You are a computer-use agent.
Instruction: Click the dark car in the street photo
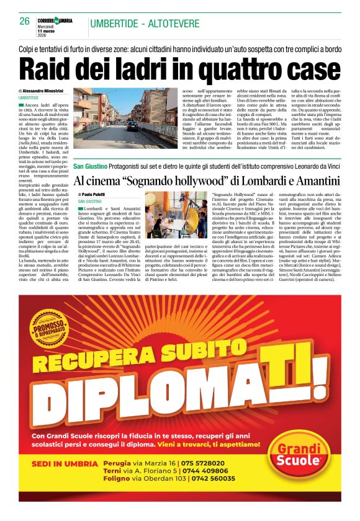coord(133,125)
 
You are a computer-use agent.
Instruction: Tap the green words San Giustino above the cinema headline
coord(90,167)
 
